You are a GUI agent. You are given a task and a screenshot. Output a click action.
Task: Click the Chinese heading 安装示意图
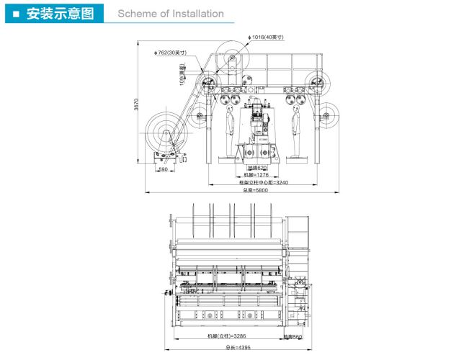[x=59, y=14]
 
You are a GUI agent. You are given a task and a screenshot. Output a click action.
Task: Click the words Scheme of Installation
[x=170, y=14]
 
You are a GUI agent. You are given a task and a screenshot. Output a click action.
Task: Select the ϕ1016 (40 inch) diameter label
[x=267, y=37]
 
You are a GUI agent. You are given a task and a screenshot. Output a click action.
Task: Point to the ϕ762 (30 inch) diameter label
[x=171, y=52]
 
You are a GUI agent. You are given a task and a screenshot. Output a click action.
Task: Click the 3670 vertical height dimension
[x=136, y=104]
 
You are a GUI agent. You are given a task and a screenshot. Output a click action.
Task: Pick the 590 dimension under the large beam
[x=163, y=170]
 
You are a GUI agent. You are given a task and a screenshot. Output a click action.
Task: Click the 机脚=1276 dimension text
[x=255, y=175]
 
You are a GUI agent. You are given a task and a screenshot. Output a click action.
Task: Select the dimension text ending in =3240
[x=263, y=183]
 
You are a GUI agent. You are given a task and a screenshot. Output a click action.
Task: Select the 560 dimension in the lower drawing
[x=292, y=336]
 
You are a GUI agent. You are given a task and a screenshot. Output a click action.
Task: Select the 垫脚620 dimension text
[x=256, y=168]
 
